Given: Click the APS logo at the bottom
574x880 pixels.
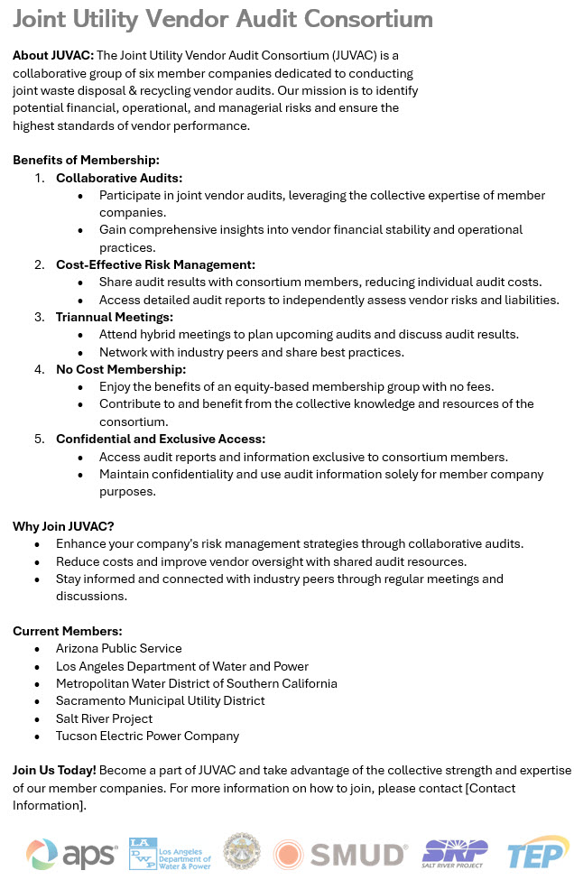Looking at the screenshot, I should pyautogui.click(x=71, y=853).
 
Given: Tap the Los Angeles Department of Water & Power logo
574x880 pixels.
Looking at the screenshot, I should pyautogui.click(x=170, y=853).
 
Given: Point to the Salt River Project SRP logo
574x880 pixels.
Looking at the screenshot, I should pyautogui.click(x=456, y=853).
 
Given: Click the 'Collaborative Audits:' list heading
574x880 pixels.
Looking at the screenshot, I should pyautogui.click(x=119, y=178).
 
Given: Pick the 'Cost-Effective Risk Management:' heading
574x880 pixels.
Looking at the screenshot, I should pyautogui.click(x=155, y=264).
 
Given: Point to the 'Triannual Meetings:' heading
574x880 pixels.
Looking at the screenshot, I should pyautogui.click(x=115, y=317).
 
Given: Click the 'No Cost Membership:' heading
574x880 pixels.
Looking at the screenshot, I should pyautogui.click(x=121, y=369).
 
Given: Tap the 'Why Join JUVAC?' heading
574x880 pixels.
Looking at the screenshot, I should pyautogui.click(x=63, y=526).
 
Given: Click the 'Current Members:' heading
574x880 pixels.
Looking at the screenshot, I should pyautogui.click(x=68, y=631).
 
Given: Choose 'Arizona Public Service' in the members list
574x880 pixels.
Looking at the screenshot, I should pyautogui.click(x=119, y=648).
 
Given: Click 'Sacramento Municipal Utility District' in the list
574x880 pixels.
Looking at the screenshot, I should pyautogui.click(x=161, y=700).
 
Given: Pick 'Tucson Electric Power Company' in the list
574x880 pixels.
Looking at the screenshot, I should pyautogui.click(x=147, y=736).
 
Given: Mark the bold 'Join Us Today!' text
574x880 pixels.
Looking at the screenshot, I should pyautogui.click(x=54, y=770).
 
